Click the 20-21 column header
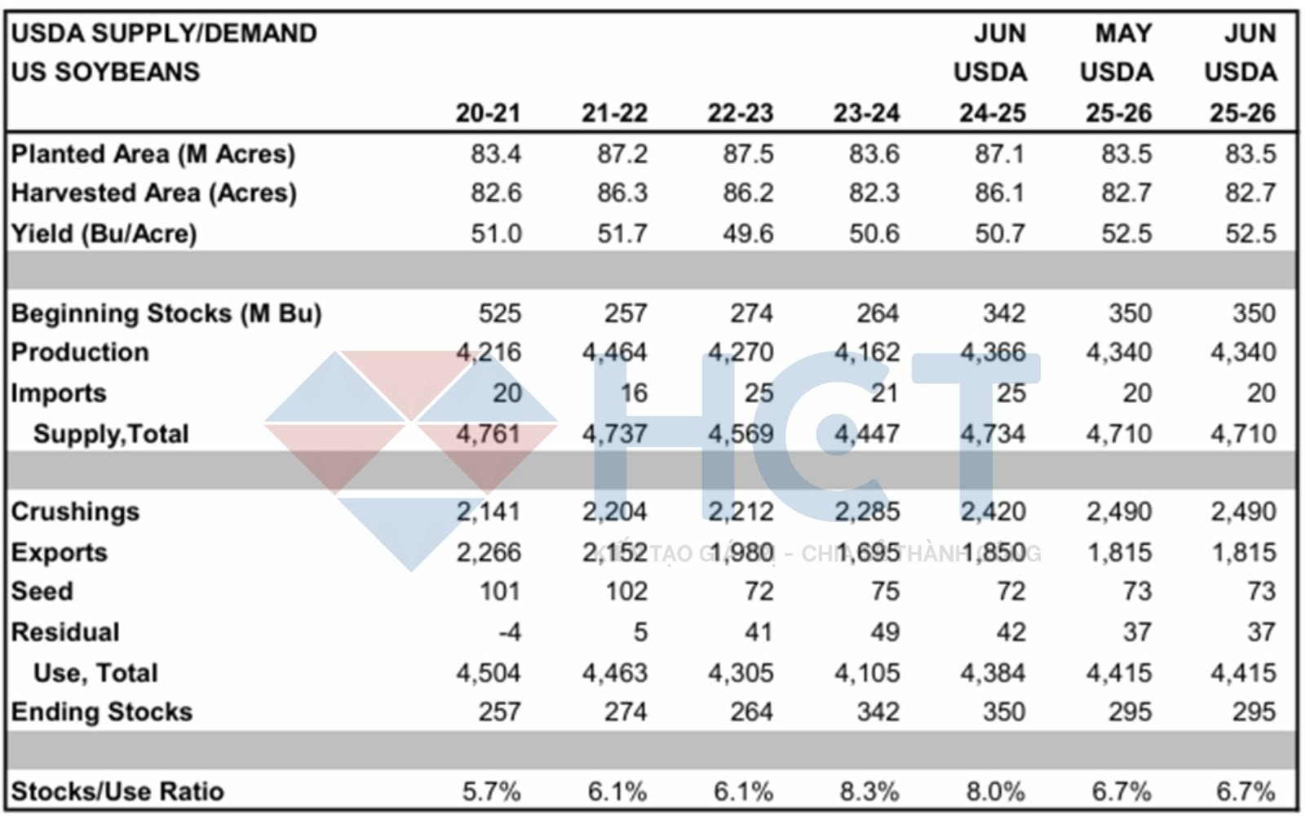tap(488, 113)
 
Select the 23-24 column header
tap(866, 113)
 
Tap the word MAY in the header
tap(1123, 33)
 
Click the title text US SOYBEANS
tap(105, 72)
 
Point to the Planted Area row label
tap(153, 153)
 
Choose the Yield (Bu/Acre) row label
tap(104, 233)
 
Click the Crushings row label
tap(75, 512)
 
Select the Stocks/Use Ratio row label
tap(117, 791)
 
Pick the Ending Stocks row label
tap(101, 711)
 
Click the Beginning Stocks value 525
tap(499, 313)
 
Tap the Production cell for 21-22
tap(614, 352)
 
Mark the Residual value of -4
tap(510, 631)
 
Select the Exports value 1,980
tap(741, 552)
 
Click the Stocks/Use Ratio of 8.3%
tap(869, 791)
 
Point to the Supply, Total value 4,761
tap(488, 433)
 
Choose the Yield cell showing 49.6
tap(748, 233)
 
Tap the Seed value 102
tap(626, 591)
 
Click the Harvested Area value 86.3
tap(622, 193)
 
